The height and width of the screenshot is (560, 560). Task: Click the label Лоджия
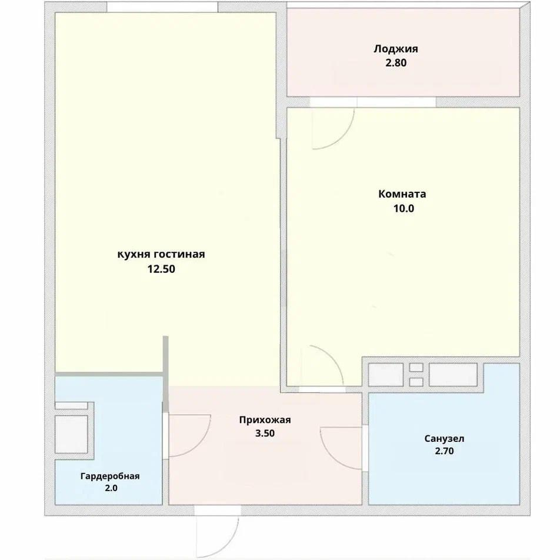(396, 49)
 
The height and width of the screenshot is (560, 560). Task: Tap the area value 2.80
(396, 63)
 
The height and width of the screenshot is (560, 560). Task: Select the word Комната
(402, 194)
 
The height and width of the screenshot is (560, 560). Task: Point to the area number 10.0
(404, 208)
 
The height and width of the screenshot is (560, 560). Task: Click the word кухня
(134, 255)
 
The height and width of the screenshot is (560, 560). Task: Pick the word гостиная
(179, 254)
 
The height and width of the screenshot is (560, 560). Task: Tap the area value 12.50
(161, 269)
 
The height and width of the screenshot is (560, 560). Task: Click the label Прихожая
(265, 420)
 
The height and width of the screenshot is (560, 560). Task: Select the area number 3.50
(265, 433)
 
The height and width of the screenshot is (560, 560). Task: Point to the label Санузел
(444, 439)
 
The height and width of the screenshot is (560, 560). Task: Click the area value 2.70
(444, 451)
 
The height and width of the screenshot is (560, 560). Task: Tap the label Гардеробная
(110, 476)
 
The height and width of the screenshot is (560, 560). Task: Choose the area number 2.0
(111, 488)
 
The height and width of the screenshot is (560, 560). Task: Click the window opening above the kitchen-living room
(162, 7)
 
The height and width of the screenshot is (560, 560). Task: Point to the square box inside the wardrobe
(71, 434)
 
